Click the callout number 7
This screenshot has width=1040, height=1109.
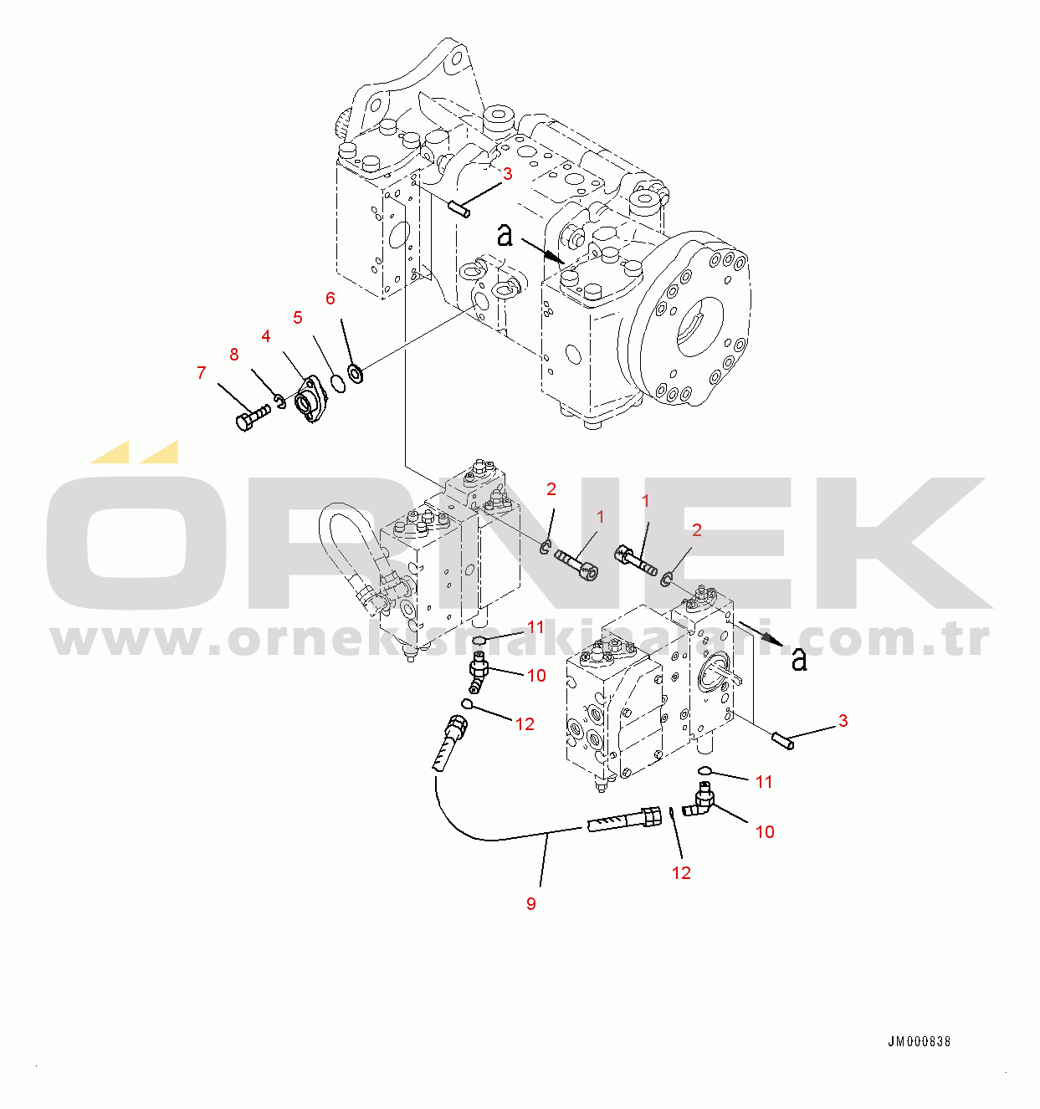pos(201,373)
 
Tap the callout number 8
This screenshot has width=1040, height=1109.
pos(234,355)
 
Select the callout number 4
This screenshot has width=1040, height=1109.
pos(266,336)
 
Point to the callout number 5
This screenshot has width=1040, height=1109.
pos(298,318)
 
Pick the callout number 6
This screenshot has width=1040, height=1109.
pos(330,299)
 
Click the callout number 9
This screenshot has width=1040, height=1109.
pos(531,904)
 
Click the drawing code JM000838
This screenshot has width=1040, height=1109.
pos(919,1042)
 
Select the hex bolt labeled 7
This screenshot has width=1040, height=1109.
pos(251,417)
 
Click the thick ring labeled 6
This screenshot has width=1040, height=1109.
pos(356,371)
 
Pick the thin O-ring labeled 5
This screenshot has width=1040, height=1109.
pos(336,383)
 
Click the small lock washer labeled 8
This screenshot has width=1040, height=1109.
pos(280,402)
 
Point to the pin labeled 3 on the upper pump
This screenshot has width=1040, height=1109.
pos(459,208)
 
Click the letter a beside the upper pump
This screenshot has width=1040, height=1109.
pos(505,235)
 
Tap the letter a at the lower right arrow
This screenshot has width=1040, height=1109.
pos(800,660)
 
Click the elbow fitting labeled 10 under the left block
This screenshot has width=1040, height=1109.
pos(479,674)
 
